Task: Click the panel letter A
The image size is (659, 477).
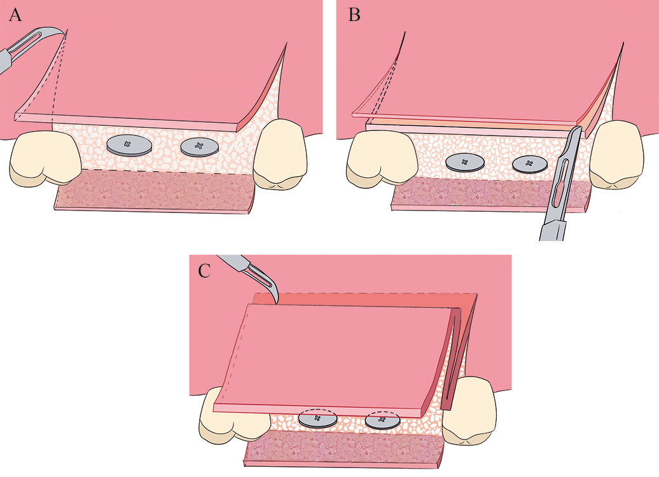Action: click(x=15, y=15)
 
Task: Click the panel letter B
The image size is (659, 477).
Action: click(x=354, y=15)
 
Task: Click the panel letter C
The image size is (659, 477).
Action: click(x=204, y=271)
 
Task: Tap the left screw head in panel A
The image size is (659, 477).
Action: click(x=128, y=146)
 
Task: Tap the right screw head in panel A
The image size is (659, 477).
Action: click(x=200, y=148)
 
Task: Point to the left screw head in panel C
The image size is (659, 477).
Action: click(x=318, y=420)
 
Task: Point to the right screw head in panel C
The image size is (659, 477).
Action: click(x=382, y=420)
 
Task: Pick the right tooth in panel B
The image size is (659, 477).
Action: click(x=616, y=154)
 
